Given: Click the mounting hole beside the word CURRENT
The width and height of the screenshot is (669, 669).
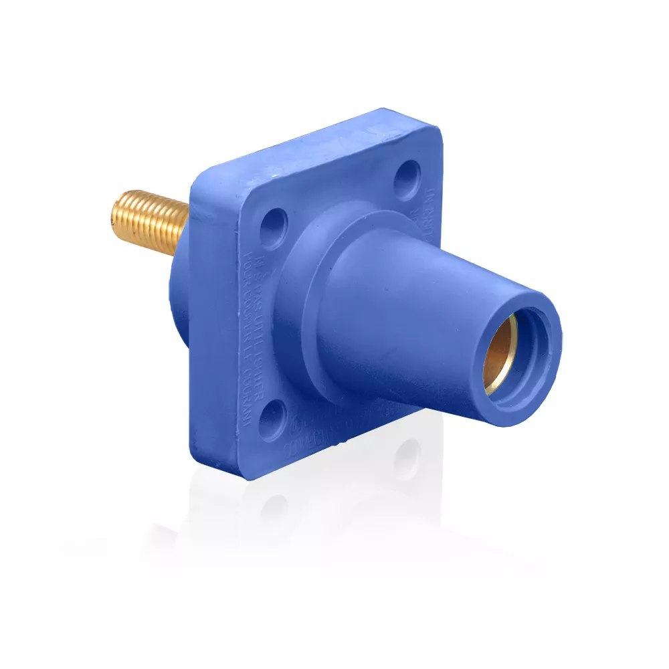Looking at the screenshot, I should pyautogui.click(x=406, y=178).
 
